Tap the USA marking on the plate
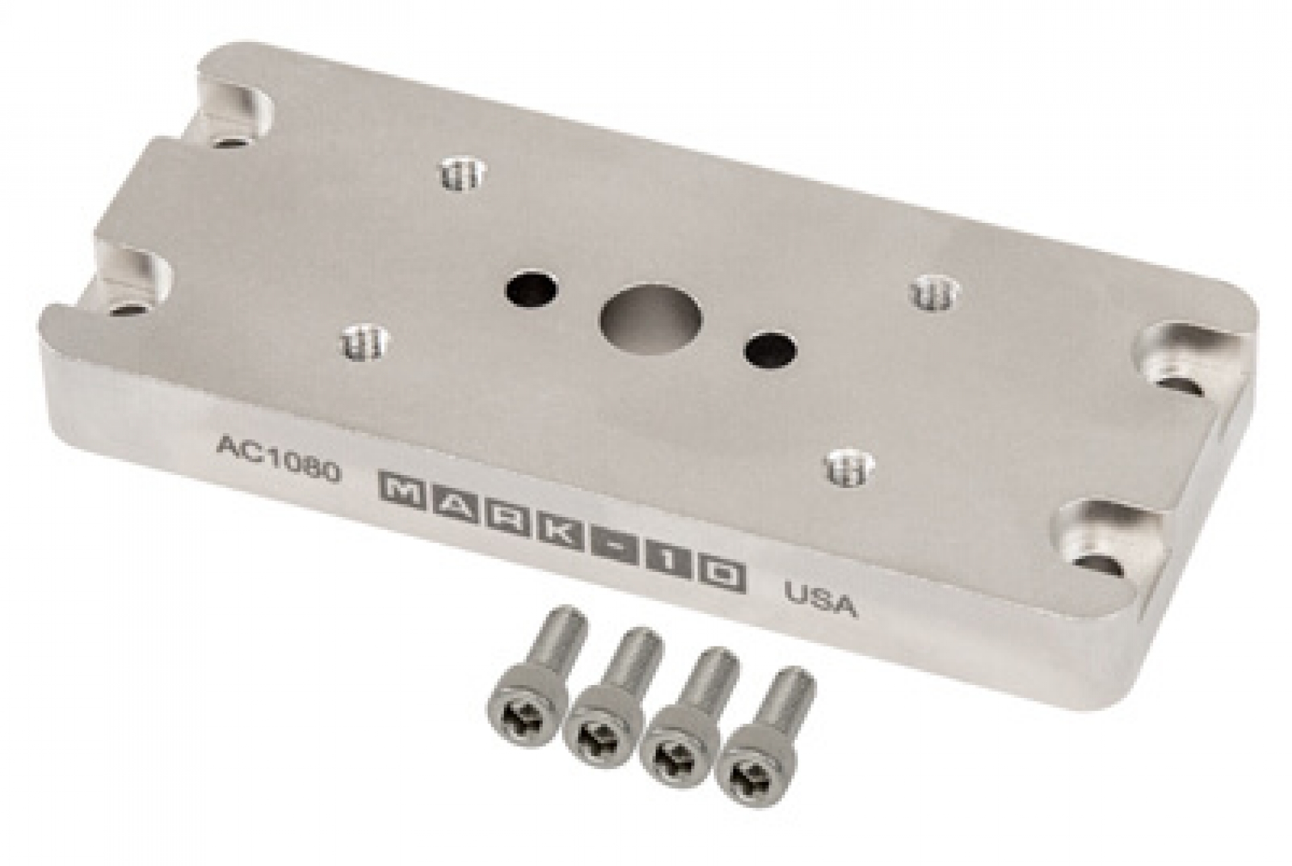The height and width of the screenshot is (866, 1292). tap(820, 599)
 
